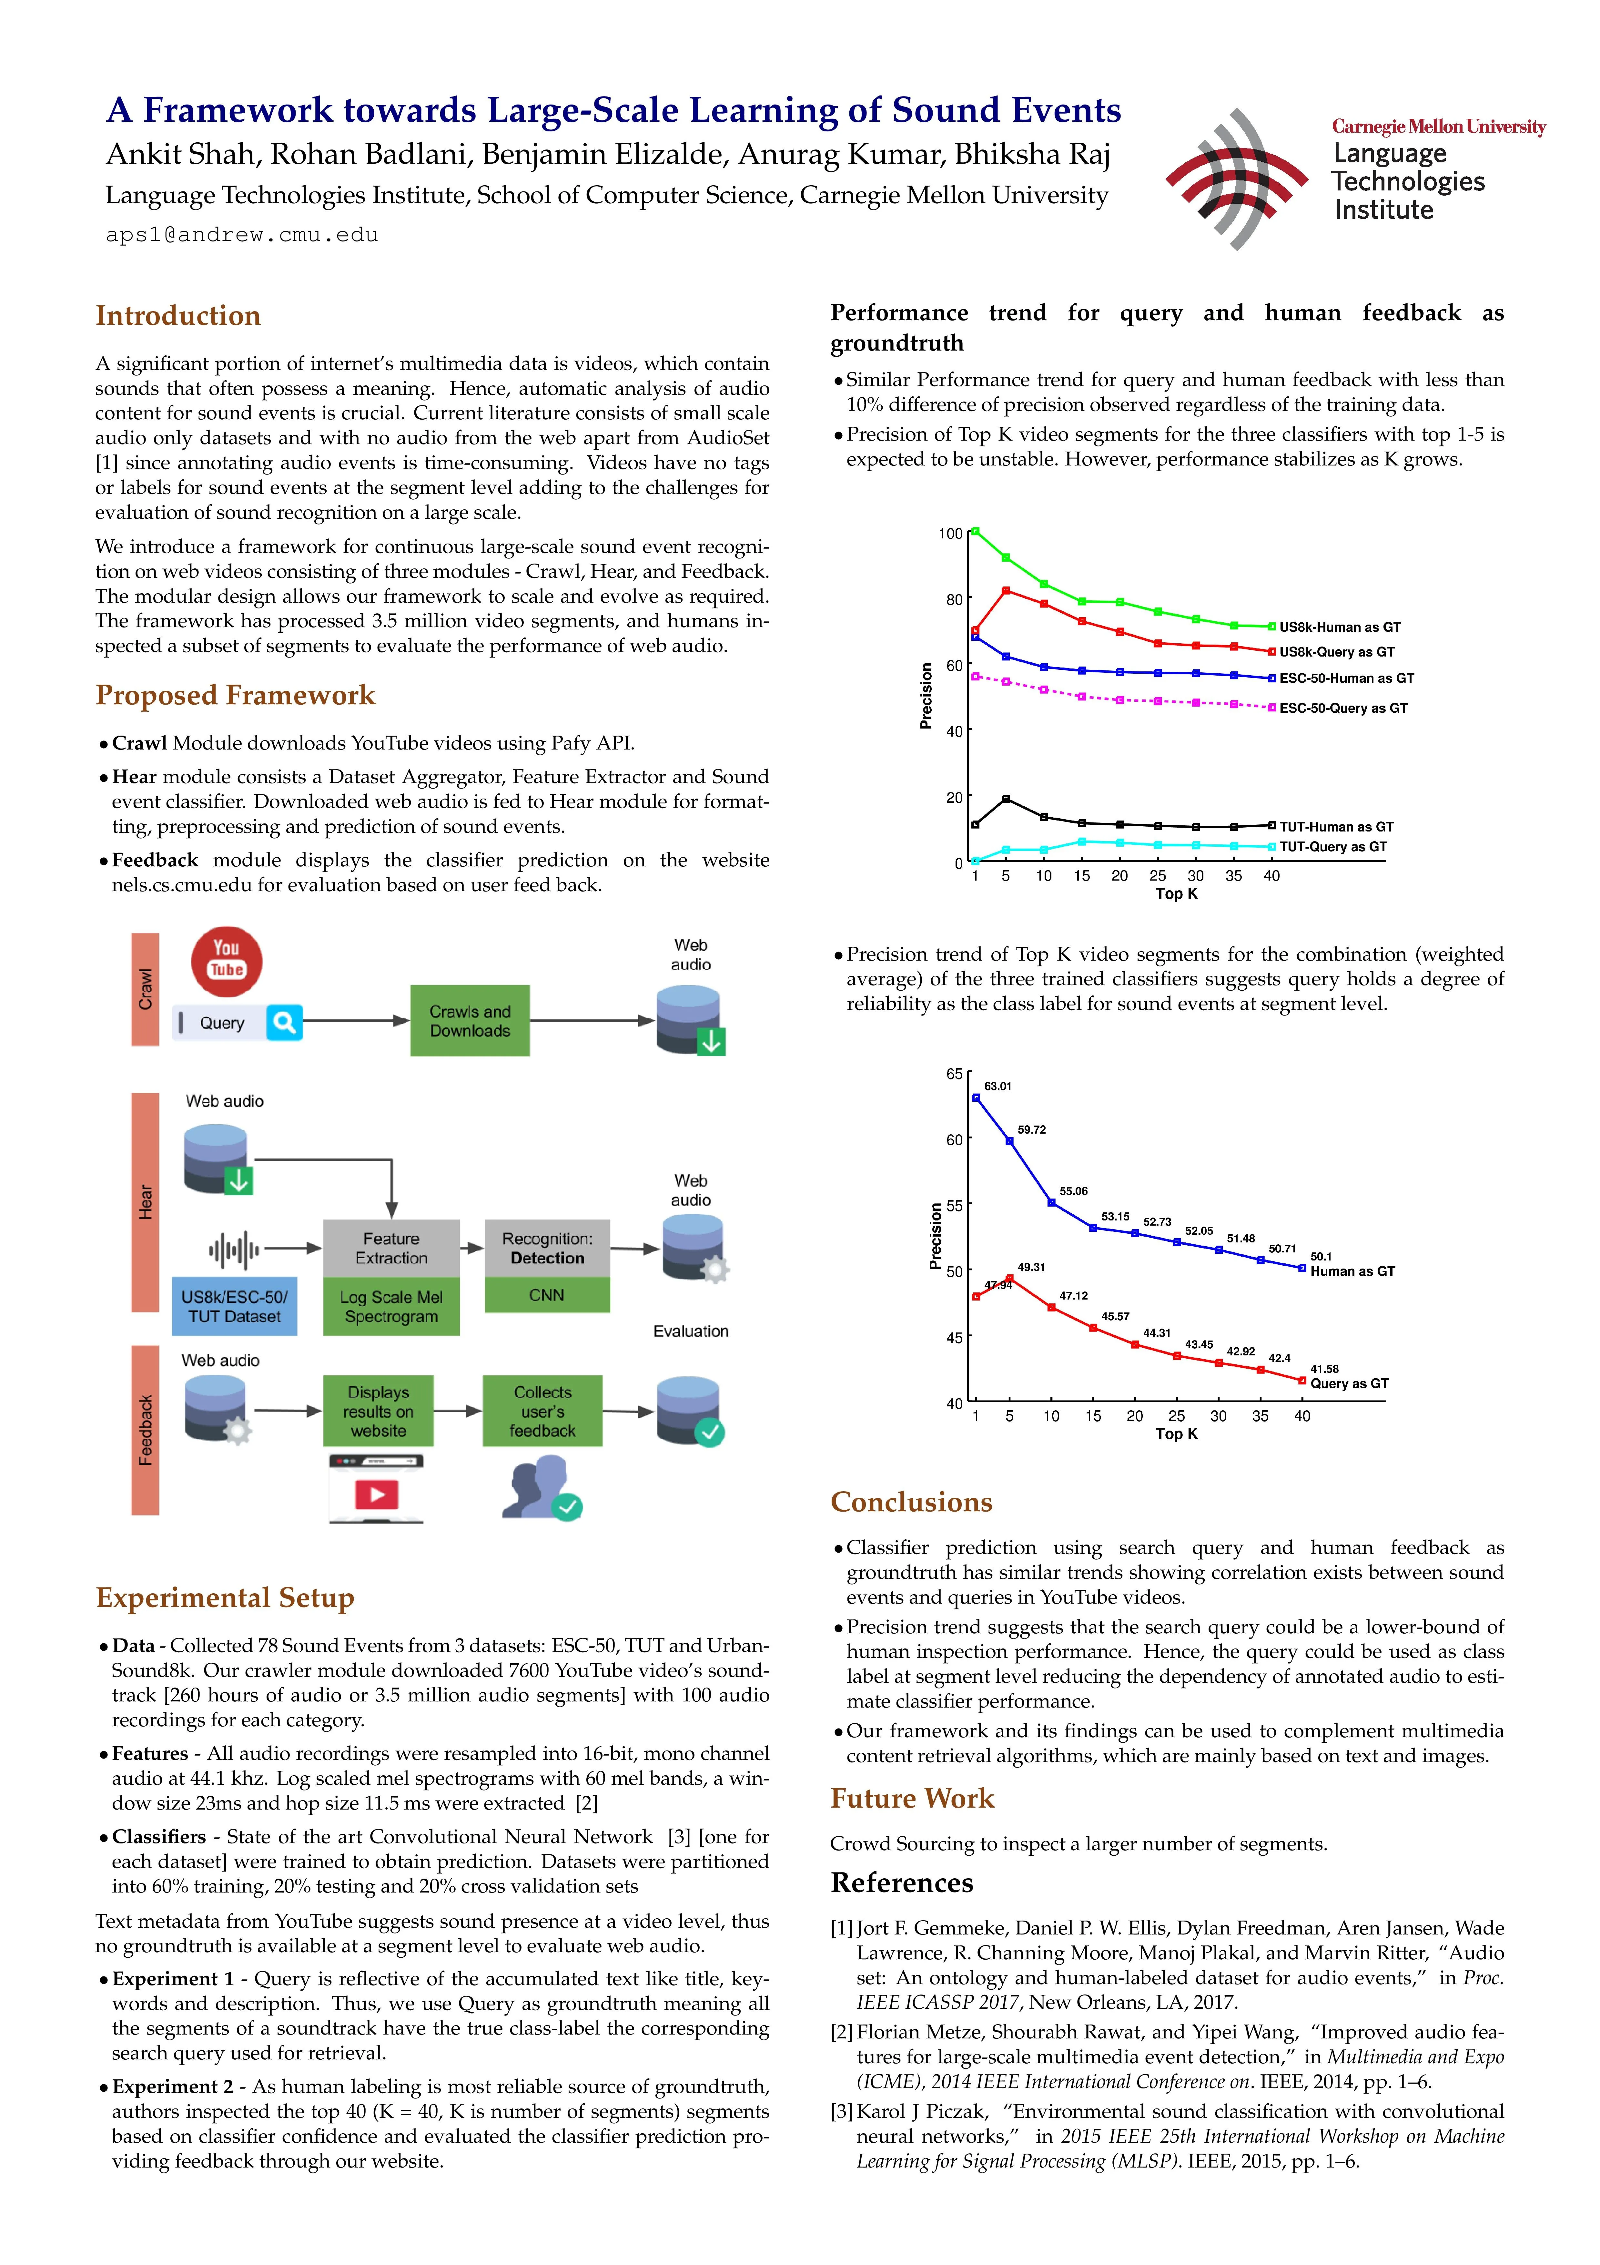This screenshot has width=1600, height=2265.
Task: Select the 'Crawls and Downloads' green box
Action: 470,1021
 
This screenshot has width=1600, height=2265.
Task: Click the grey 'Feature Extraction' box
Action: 392,1248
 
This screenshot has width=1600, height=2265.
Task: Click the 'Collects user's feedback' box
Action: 542,1411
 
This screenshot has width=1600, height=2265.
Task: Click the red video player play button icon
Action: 377,1495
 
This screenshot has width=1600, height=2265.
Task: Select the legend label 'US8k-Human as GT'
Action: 1340,627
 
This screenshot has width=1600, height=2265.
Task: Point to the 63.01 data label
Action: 998,1086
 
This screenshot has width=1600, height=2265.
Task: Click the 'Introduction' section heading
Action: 178,316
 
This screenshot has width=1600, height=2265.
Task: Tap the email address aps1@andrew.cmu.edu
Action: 243,235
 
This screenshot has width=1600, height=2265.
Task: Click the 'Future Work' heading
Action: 912,1798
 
